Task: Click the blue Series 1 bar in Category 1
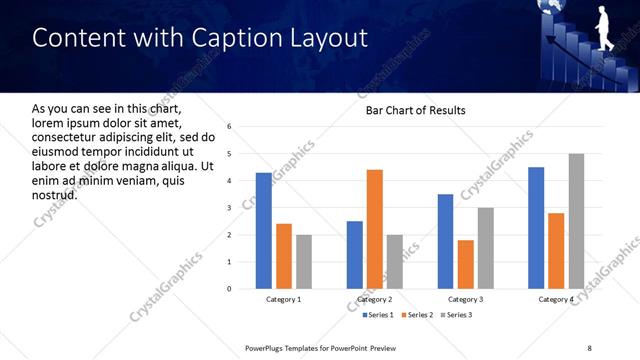pos(263,231)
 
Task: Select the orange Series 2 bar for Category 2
pos(374,229)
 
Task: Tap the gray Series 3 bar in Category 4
pos(576,221)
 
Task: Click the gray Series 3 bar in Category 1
pos(303,262)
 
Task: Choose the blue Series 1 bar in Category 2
pos(354,255)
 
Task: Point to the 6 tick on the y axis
pos(229,127)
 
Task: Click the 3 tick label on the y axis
pos(229,208)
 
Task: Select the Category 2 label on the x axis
pos(374,300)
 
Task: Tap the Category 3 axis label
pos(465,300)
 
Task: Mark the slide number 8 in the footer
pos(589,347)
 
